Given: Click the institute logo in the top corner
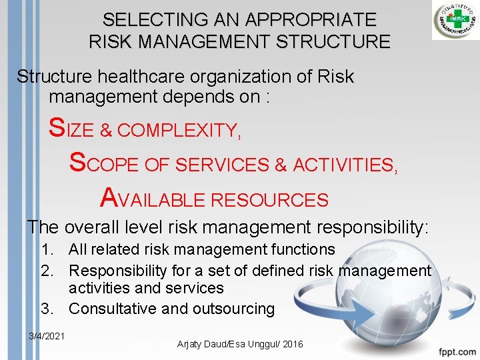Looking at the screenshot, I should [455, 21].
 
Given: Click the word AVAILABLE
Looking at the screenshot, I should [153, 199].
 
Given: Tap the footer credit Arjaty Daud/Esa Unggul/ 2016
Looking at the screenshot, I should [239, 344].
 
